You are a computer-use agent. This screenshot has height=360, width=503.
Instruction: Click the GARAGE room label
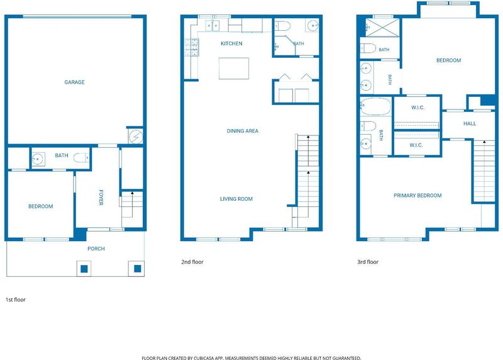coord(74,82)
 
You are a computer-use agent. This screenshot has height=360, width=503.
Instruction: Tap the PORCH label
coord(96,249)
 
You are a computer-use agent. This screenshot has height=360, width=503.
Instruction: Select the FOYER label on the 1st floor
coord(101,198)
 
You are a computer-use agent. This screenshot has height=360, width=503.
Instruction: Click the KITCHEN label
coord(231,43)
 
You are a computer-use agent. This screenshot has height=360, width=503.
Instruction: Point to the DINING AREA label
coord(242,131)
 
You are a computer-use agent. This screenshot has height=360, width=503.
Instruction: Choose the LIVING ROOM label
coord(236,199)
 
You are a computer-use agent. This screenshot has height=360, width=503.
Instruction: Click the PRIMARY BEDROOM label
coord(417,195)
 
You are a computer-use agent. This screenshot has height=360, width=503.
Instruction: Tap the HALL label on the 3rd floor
coord(470,123)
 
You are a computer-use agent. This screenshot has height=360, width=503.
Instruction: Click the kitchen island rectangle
coord(234,68)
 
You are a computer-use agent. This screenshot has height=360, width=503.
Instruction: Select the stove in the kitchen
coord(192,47)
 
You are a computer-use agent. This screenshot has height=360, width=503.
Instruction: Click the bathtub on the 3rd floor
coord(375,106)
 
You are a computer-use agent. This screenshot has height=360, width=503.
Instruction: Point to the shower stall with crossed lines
coord(383,27)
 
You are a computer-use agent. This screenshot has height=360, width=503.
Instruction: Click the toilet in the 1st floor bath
coord(81,158)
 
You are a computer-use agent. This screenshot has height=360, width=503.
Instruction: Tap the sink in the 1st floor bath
coord(38,159)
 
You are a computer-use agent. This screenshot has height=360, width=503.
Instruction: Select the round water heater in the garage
coord(136,137)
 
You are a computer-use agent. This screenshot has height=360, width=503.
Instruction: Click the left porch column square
coord(84,269)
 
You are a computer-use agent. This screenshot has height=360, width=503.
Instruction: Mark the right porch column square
coord(137,268)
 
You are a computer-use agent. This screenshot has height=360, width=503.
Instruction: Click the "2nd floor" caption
coord(192,262)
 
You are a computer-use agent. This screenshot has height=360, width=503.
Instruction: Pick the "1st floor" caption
coord(15,300)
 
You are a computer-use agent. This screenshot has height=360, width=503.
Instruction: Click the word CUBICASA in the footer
coord(204,357)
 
